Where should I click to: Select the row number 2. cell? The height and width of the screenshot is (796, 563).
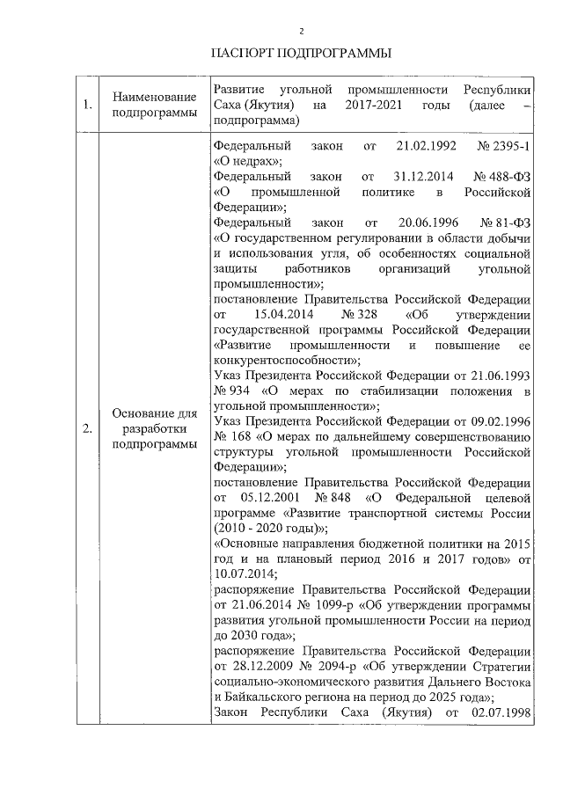click(x=87, y=429)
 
